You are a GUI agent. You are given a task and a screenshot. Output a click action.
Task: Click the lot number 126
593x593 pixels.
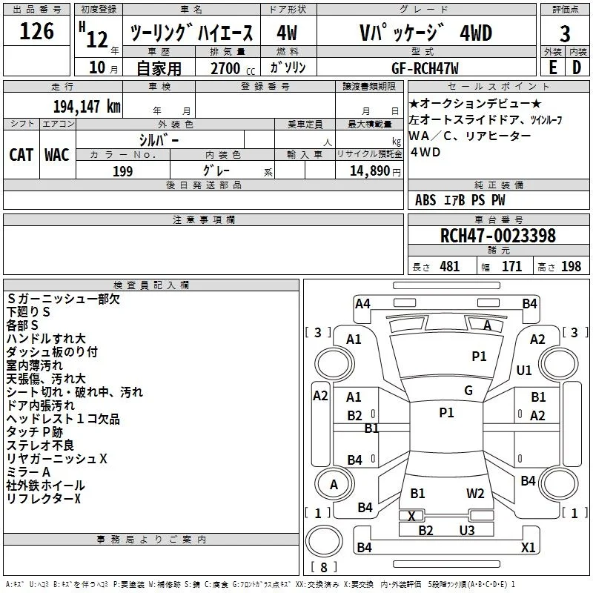[36, 31]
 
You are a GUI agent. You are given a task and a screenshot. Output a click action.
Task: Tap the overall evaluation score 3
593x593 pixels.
[565, 33]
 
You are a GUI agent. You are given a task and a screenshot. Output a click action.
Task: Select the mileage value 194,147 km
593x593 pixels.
[87, 107]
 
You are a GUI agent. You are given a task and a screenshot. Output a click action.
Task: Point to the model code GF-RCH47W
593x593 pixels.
[425, 69]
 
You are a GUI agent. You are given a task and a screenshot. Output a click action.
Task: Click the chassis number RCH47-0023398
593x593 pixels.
[498, 236]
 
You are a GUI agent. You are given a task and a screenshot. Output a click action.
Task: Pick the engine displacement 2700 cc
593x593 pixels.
[233, 69]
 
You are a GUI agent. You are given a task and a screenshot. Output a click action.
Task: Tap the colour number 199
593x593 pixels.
[123, 171]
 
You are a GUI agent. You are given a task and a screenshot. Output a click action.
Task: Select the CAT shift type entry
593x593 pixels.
[21, 155]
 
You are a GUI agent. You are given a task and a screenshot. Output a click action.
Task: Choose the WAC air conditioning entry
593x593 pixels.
[57, 155]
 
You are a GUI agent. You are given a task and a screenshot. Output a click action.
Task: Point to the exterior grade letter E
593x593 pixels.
[552, 67]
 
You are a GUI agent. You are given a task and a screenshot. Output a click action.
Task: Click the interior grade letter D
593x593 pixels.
[577, 67]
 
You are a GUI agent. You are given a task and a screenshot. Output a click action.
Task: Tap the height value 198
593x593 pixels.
[571, 266]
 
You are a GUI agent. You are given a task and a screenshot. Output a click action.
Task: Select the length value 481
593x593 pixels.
[450, 266]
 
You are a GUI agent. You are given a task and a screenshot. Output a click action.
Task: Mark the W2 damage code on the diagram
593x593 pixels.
[475, 494]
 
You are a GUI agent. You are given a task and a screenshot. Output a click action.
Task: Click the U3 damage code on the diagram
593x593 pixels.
[467, 530]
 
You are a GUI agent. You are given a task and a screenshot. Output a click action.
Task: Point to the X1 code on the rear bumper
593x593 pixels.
[528, 547]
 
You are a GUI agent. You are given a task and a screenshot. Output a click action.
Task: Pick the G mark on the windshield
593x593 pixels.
[468, 391]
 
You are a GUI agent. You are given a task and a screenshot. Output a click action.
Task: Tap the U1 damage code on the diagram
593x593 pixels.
[524, 370]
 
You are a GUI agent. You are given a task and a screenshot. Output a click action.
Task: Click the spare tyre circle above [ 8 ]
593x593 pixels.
[324, 541]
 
